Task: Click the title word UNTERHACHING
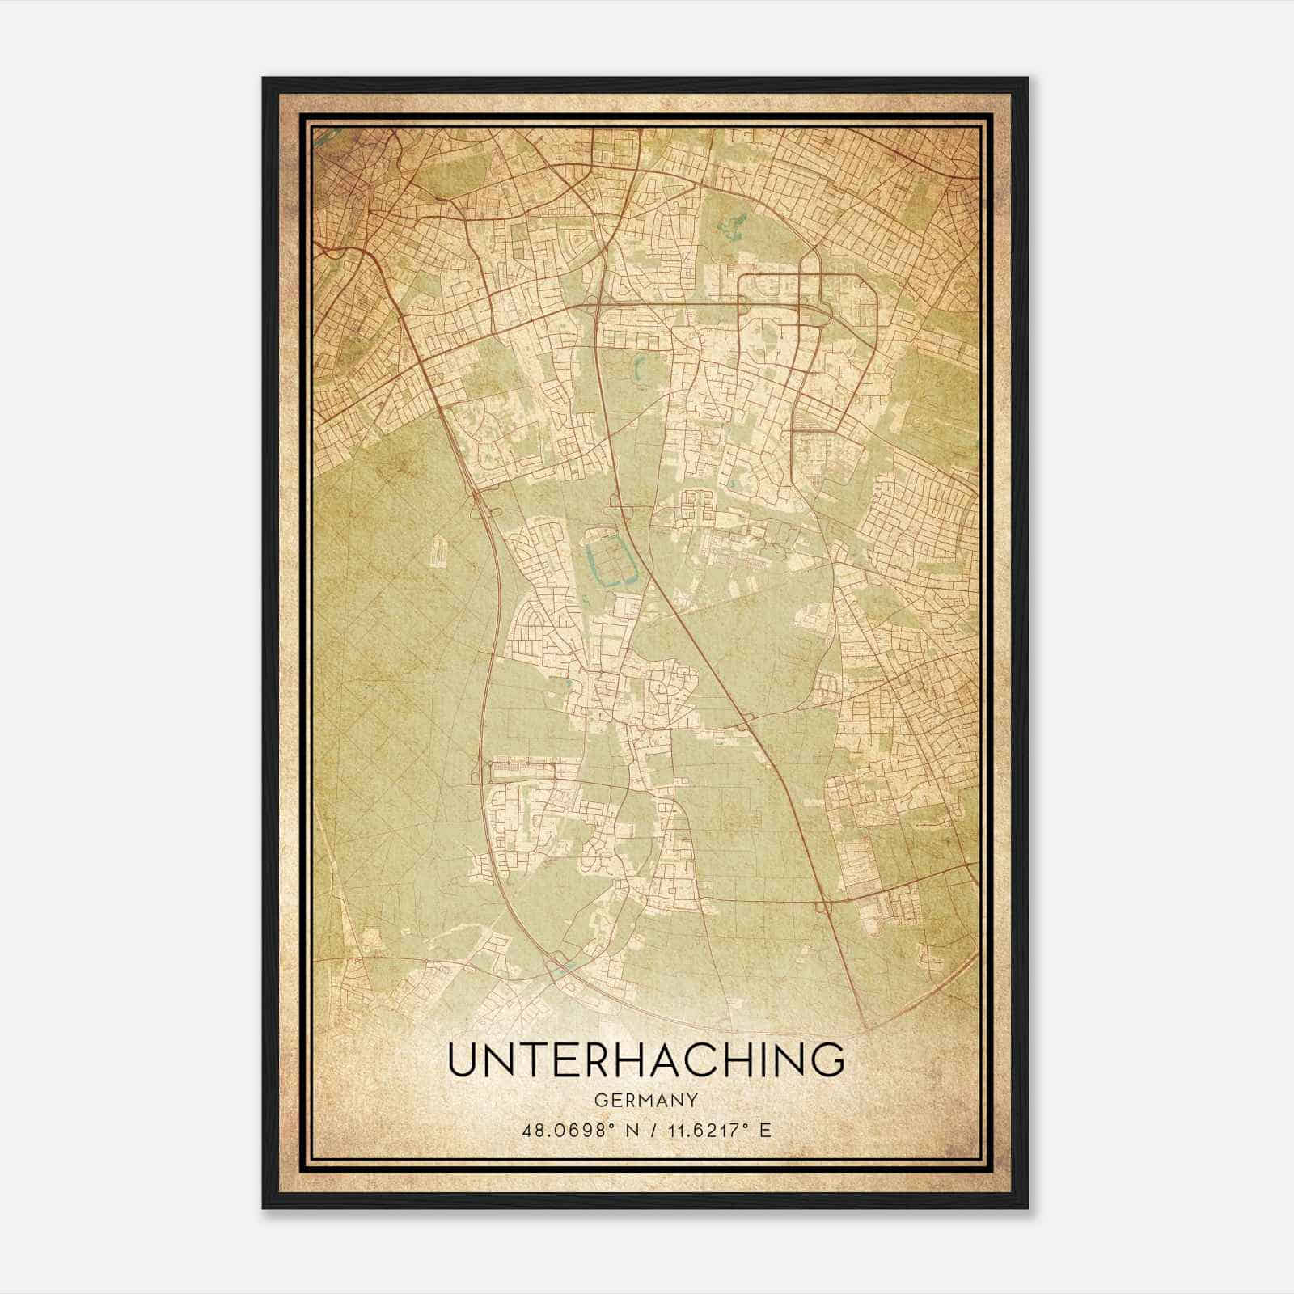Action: (645, 1059)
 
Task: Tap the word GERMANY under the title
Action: (645, 1101)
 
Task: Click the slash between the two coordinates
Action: (644, 1129)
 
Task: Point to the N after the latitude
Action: (621, 1129)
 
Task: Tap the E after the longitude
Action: (764, 1129)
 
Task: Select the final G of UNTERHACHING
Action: (827, 1059)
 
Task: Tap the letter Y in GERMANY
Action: (692, 1101)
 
